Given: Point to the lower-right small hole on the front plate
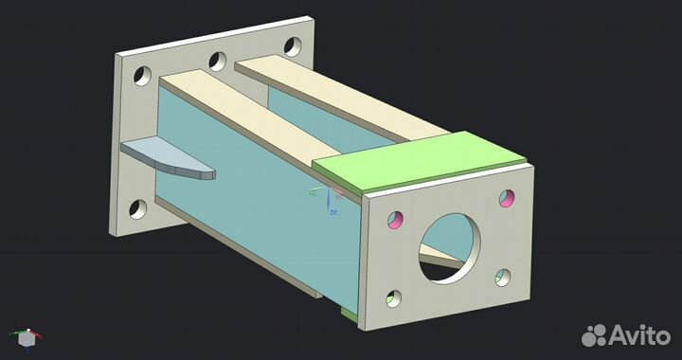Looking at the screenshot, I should click(503, 277).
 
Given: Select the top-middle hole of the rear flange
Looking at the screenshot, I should click(219, 61).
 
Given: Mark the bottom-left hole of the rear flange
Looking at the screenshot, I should click(137, 208).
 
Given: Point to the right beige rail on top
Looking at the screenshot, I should click(332, 95).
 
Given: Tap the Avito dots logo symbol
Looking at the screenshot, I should click(594, 334).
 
